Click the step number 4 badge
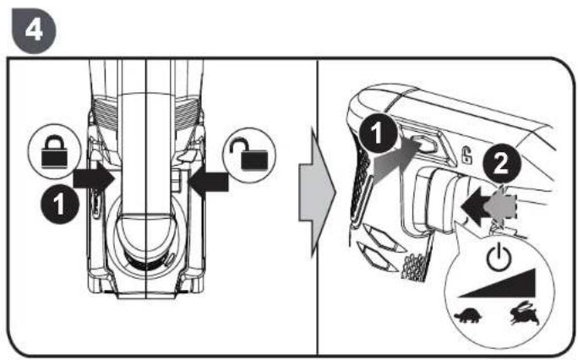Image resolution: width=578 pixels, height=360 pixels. point(34,30)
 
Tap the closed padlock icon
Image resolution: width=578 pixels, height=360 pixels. point(55,152)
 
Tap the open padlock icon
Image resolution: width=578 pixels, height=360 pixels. point(250,155)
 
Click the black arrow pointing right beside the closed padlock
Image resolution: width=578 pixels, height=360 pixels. point(94,178)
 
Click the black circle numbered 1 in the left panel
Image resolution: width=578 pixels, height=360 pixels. point(59,205)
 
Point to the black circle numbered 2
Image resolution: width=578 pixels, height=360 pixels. point(502,163)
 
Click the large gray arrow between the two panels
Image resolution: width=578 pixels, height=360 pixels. point(316,193)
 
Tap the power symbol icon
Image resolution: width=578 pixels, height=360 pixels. point(499,257)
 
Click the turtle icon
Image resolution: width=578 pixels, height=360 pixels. point(468,317)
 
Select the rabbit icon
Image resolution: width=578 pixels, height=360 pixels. point(524,314)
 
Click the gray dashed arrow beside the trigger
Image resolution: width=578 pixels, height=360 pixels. point(501,207)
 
